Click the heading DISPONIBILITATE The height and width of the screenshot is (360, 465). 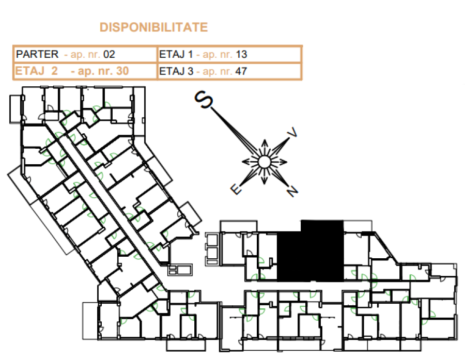pyautogui.click(x=153, y=27)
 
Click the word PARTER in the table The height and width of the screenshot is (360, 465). pyautogui.click(x=37, y=54)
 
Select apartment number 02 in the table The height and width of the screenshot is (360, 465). pyautogui.click(x=109, y=54)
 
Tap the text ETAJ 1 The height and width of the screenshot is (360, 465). pyautogui.click(x=176, y=54)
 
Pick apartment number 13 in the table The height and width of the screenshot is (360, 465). pyautogui.click(x=241, y=54)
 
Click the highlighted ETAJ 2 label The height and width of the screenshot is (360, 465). pyautogui.click(x=36, y=71)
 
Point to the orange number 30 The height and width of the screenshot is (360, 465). pyautogui.click(x=122, y=71)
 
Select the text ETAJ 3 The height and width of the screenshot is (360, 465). pyautogui.click(x=176, y=71)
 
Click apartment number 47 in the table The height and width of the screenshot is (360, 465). pyautogui.click(x=241, y=71)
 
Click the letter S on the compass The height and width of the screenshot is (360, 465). pyautogui.click(x=204, y=99)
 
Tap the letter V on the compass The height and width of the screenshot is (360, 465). pyautogui.click(x=292, y=132)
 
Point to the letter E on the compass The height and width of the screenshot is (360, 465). pyautogui.click(x=236, y=189)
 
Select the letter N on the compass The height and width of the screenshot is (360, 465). pyautogui.click(x=292, y=191)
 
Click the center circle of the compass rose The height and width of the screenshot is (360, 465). pyautogui.click(x=264, y=162)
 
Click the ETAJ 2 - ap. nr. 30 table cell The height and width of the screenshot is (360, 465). pyautogui.click(x=85, y=71)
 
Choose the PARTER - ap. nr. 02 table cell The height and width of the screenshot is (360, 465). pyautogui.click(x=85, y=54)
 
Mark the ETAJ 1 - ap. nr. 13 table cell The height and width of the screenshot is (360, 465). pyautogui.click(x=229, y=54)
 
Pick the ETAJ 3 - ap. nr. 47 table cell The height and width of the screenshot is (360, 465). pyautogui.click(x=229, y=71)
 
